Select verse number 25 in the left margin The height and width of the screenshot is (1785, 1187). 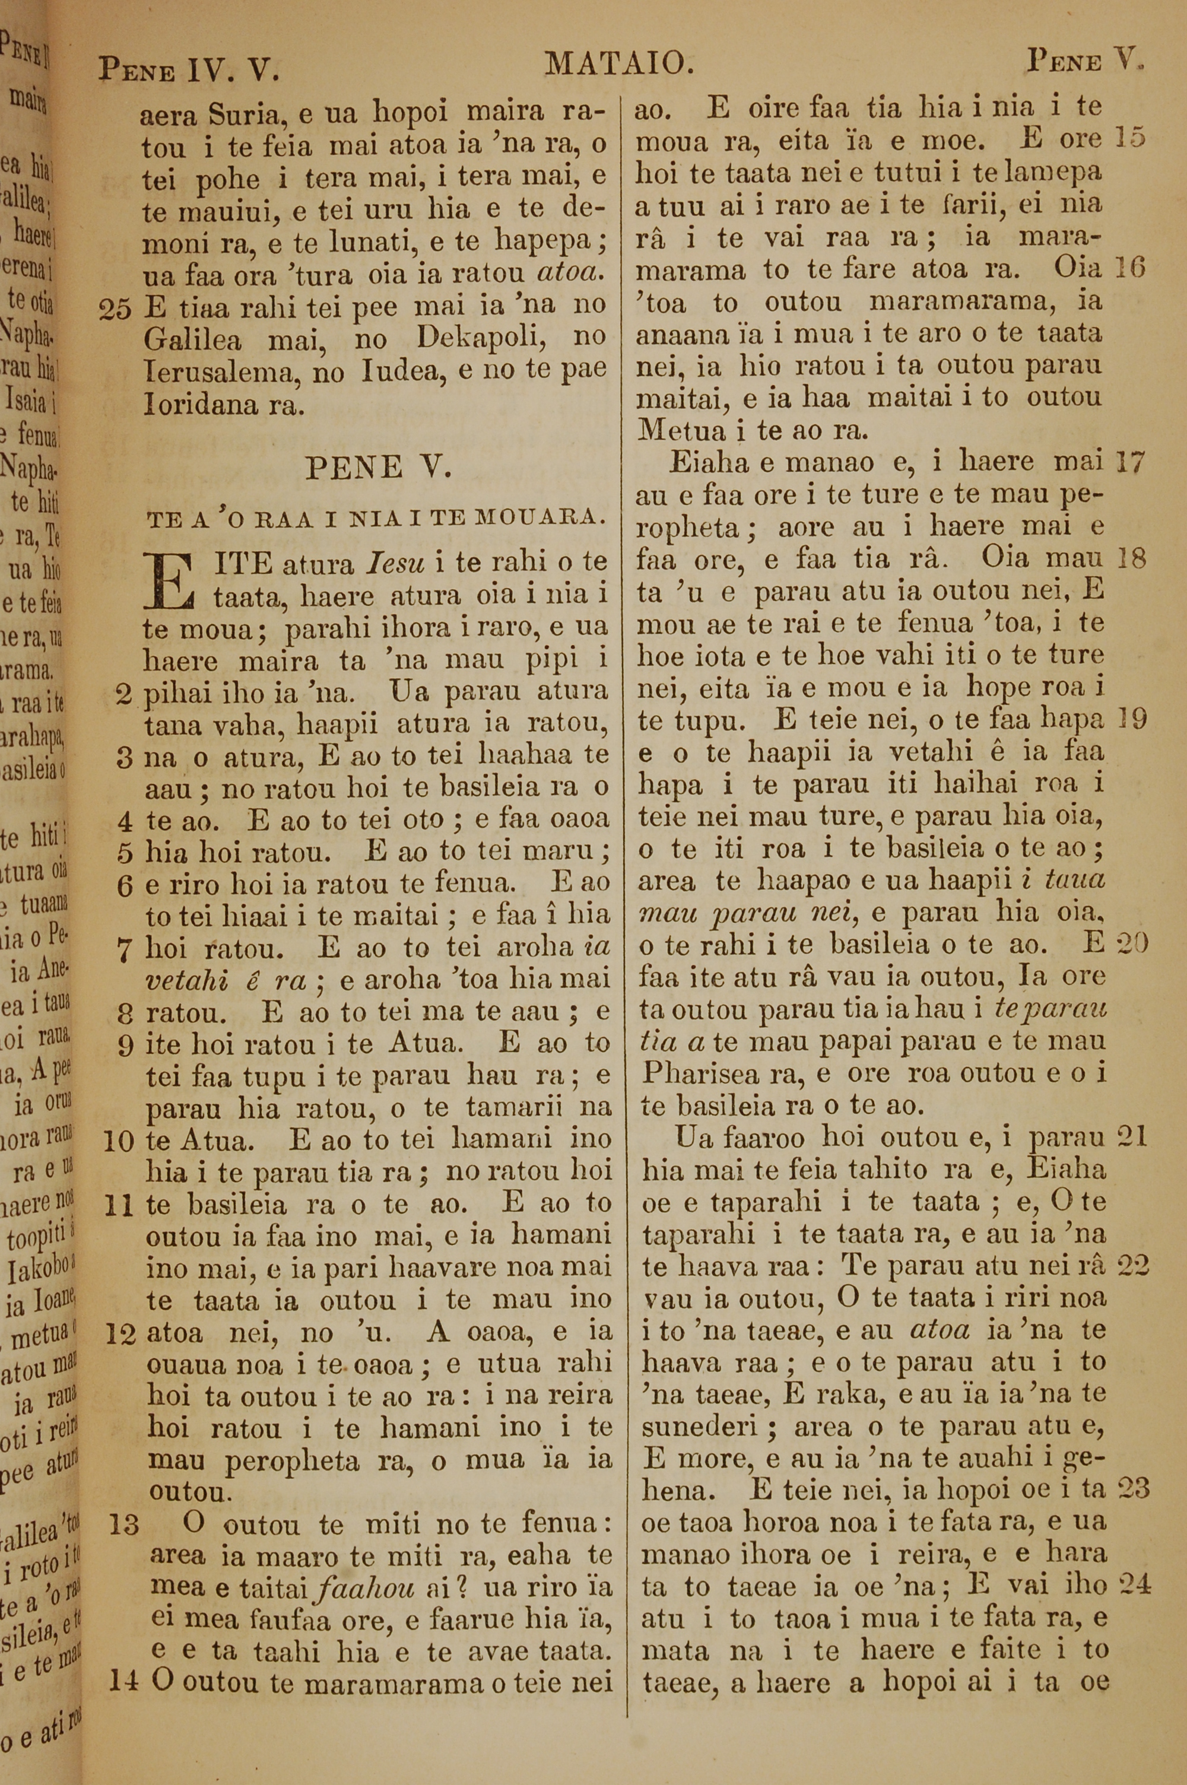coord(116,309)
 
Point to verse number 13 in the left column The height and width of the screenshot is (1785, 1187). coord(125,1524)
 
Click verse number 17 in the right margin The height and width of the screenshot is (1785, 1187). coord(1132,462)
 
